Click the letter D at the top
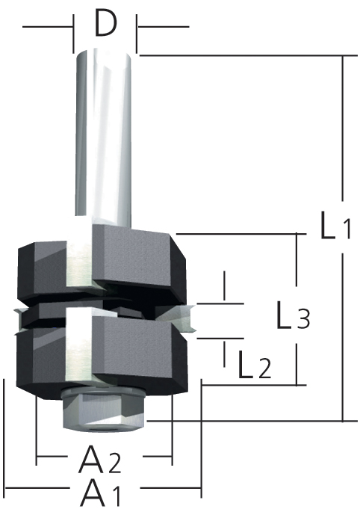coord(106,25)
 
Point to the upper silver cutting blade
coord(79,254)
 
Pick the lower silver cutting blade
coord(79,348)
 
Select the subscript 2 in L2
coord(263,370)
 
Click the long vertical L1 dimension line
coord(342,149)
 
